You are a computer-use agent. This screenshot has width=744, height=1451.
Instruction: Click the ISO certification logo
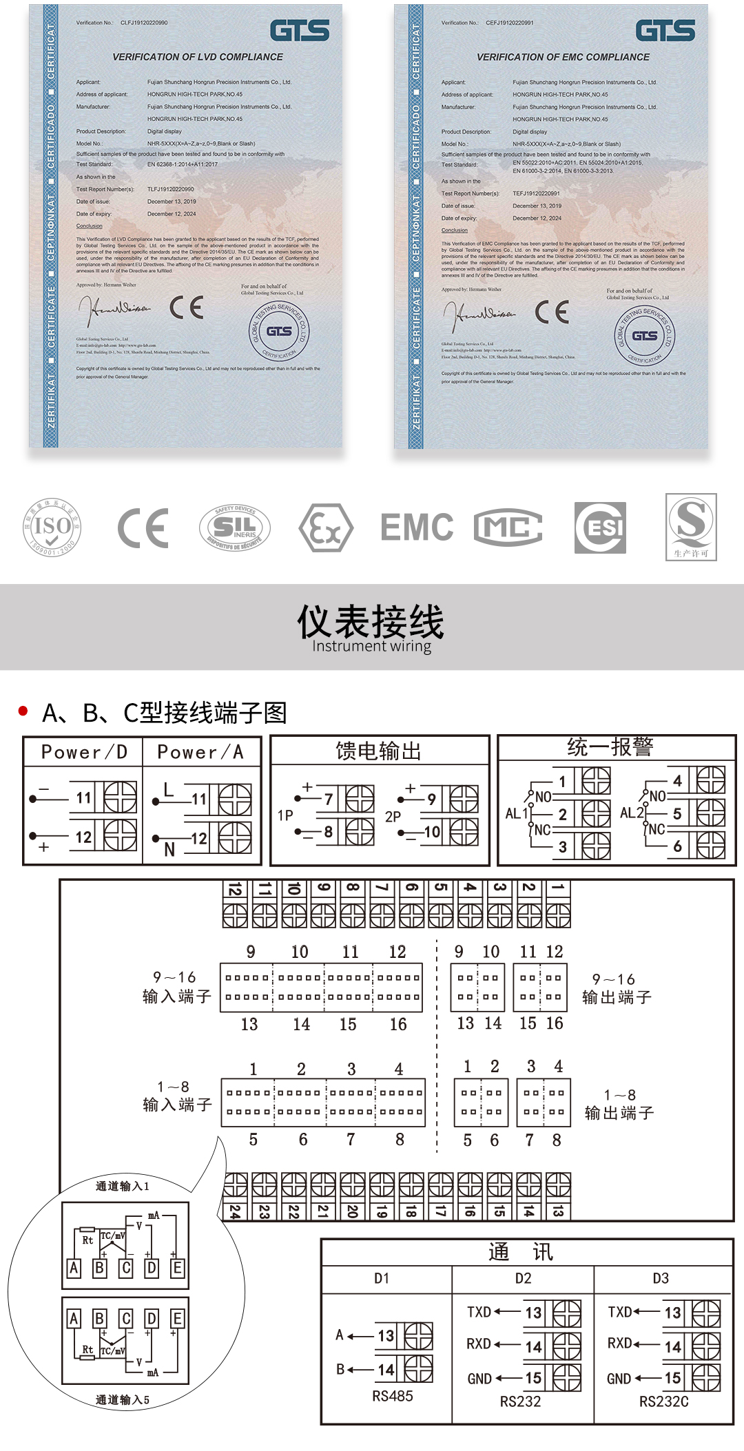[x=52, y=528]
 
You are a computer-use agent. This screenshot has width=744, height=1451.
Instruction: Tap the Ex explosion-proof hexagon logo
[x=326, y=528]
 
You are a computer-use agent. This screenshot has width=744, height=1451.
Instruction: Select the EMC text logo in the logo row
[x=417, y=528]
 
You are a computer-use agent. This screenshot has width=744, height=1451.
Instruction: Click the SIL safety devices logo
[x=235, y=528]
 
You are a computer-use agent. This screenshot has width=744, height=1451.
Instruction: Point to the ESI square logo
[x=600, y=528]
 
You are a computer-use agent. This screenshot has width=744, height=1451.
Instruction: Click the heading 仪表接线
[x=371, y=622]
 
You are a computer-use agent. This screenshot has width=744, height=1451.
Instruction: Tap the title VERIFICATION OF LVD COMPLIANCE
[x=198, y=57]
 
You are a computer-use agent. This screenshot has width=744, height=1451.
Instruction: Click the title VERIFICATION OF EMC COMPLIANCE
[x=563, y=57]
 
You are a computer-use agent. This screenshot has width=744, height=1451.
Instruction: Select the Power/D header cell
[x=84, y=752]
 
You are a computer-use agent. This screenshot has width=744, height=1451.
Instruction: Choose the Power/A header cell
[x=200, y=752]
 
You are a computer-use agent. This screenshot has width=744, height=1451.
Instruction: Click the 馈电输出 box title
[x=378, y=751]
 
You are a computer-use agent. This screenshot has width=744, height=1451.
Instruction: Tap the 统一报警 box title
[x=610, y=747]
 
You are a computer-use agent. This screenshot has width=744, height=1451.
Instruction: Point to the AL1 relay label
[x=516, y=813]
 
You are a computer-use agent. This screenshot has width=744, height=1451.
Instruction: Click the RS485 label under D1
[x=393, y=1396]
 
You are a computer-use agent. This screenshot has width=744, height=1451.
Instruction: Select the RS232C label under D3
[x=663, y=1401]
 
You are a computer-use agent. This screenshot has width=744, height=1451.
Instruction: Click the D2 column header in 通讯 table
[x=523, y=1278]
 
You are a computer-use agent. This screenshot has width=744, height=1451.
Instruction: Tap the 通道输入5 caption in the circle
[x=122, y=1399]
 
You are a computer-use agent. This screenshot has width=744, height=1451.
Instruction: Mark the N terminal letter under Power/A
[x=169, y=850]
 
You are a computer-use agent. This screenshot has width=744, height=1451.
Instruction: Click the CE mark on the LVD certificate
[x=187, y=307]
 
